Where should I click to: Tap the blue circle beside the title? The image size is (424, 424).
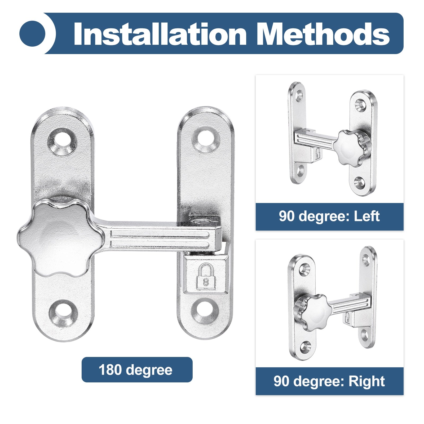(x=32, y=34)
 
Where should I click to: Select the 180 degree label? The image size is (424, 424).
(x=135, y=370)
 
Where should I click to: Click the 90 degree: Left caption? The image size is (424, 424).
(x=329, y=216)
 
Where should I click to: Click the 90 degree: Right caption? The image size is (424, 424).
(x=329, y=381)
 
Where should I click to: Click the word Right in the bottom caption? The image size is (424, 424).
(x=366, y=381)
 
